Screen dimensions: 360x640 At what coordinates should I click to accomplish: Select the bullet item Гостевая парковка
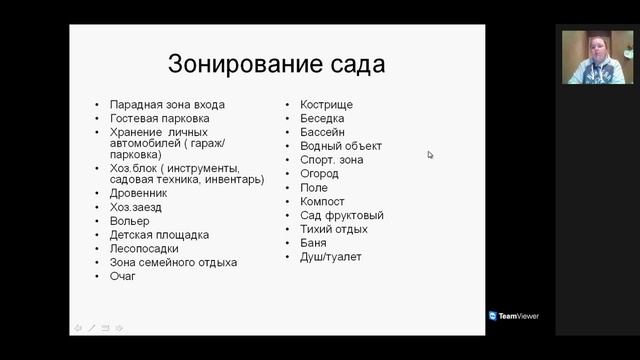160,118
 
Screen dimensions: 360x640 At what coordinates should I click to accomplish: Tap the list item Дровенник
139,193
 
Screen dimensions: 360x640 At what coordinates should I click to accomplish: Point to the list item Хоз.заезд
136,207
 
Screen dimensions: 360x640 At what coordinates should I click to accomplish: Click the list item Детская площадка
159,235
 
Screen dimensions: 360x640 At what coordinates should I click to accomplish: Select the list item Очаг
123,276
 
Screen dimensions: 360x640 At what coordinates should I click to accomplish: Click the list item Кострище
326,104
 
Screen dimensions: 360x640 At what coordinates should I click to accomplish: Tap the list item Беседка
322,118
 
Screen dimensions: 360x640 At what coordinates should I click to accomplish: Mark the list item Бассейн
322,132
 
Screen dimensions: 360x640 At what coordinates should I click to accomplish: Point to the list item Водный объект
340,146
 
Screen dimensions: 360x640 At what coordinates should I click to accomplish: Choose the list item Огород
319,173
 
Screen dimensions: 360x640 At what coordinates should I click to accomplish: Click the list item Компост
322,201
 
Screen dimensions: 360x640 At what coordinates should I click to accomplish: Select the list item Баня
314,243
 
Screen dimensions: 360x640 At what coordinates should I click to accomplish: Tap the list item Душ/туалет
330,257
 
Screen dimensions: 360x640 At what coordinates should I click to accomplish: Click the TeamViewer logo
514,316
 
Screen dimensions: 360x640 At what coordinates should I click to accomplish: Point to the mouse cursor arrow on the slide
430,154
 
